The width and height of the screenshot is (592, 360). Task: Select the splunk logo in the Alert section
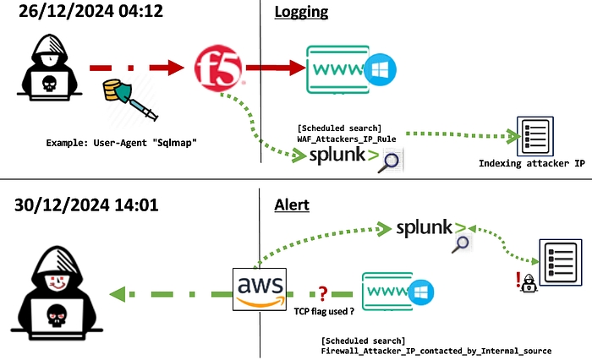point(431,227)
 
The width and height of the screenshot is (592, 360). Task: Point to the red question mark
point(322,293)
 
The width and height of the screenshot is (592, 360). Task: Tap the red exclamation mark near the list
point(519,282)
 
